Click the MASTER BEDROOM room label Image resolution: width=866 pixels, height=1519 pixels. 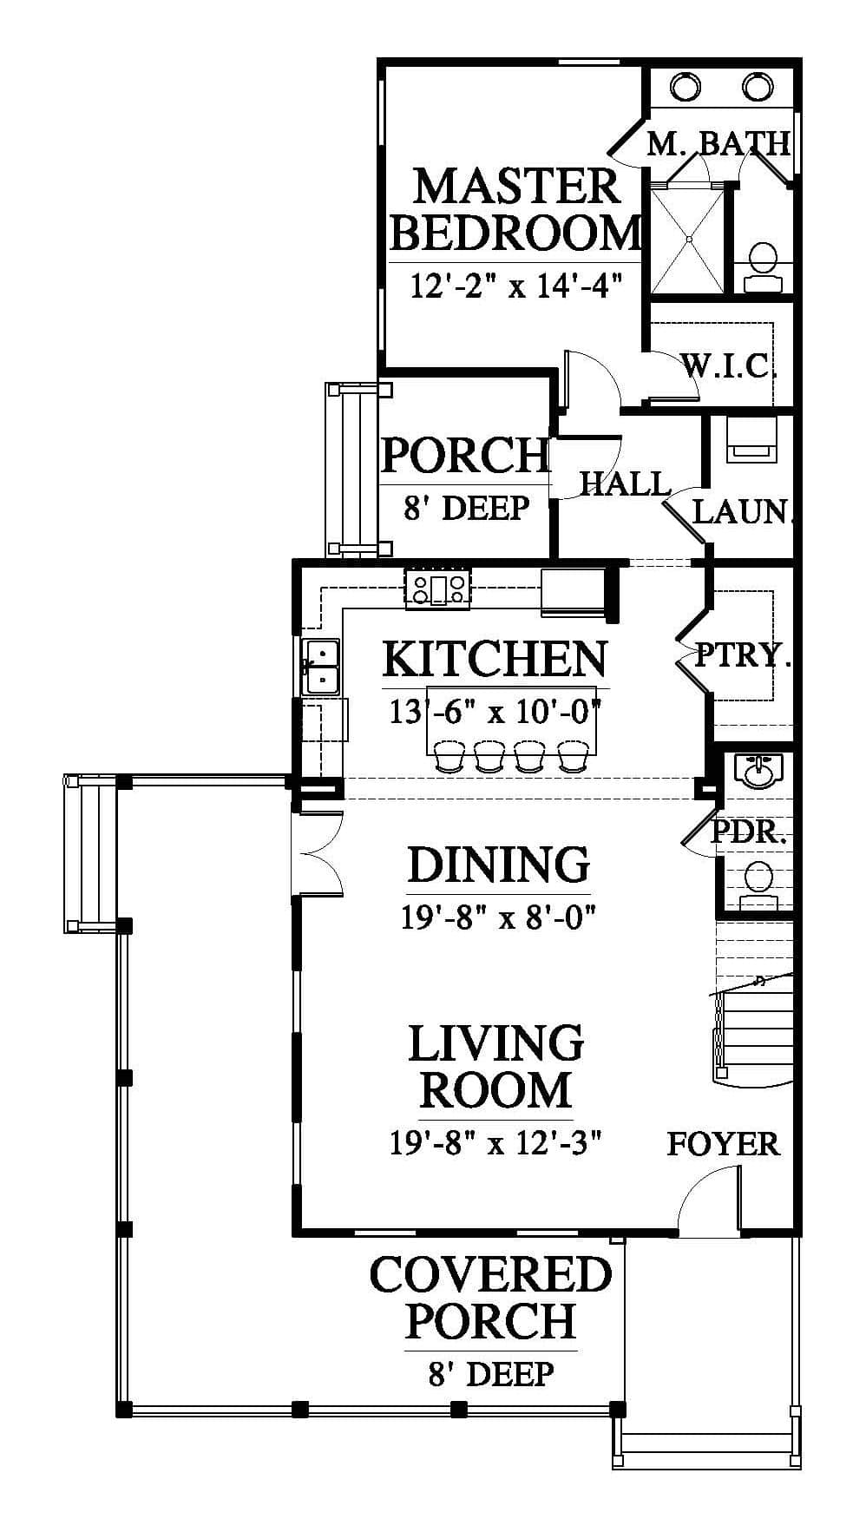[x=515, y=209]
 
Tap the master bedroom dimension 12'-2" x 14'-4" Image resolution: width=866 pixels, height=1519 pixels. [x=516, y=284]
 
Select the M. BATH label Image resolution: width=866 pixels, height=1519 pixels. [x=719, y=143]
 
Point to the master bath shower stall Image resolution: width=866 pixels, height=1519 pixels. [x=687, y=240]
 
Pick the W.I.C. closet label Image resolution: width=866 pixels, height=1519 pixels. [x=727, y=366]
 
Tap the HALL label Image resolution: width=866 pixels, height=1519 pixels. [x=625, y=483]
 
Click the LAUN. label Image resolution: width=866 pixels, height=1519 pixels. [x=743, y=511]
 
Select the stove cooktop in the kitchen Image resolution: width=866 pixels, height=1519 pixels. [x=438, y=587]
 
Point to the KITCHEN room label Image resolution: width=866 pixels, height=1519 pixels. [x=495, y=659]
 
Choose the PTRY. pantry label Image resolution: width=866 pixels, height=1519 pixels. [x=744, y=654]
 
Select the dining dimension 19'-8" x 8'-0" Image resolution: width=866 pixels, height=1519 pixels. [x=498, y=917]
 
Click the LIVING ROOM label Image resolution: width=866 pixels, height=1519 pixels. [x=496, y=1067]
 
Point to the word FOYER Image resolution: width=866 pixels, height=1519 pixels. [x=723, y=1144]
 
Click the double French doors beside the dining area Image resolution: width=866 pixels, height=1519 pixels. [x=321, y=852]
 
